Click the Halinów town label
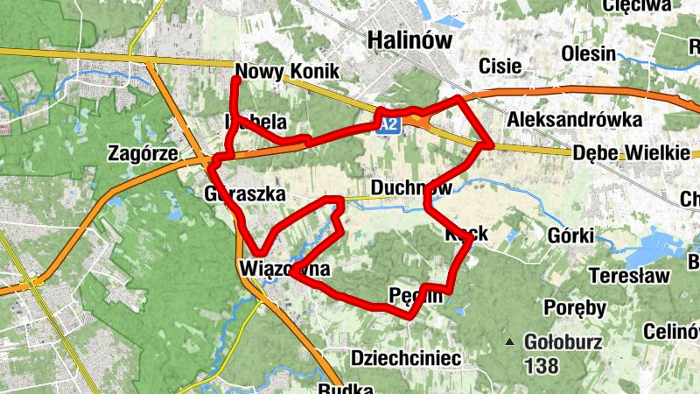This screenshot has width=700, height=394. pyautogui.click(x=409, y=40)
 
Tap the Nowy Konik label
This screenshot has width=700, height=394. pyautogui.click(x=287, y=72)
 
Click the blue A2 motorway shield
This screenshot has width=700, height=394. pyautogui.click(x=390, y=126)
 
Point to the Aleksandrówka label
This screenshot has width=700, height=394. pyautogui.click(x=574, y=119)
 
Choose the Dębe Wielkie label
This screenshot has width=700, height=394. pyautogui.click(x=632, y=152)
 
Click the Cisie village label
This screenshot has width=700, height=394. pyautogui.click(x=500, y=66)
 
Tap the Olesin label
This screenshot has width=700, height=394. pyautogui.click(x=589, y=53)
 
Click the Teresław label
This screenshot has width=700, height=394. pyautogui.click(x=629, y=276)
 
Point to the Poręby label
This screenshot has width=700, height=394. pyautogui.click(x=575, y=308)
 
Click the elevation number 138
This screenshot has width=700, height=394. pyautogui.click(x=542, y=362)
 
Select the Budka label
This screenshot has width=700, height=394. pyautogui.click(x=340, y=388)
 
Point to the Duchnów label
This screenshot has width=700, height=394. pyautogui.click(x=411, y=188)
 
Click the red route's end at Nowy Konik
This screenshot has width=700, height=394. pyautogui.click(x=236, y=81)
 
